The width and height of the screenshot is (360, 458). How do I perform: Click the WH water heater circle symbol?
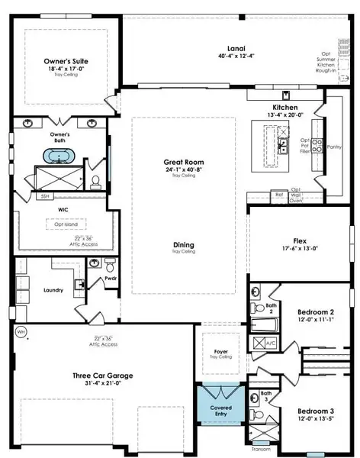pyautogui.click(x=21, y=332)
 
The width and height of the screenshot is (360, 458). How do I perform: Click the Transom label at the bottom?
pyautogui.click(x=261, y=450)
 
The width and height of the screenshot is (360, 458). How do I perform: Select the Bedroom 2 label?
pyautogui.click(x=314, y=312)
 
